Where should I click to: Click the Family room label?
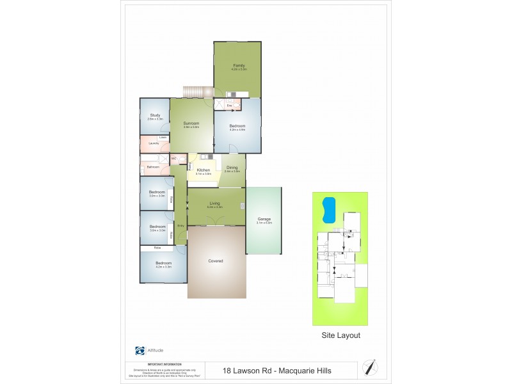[x=238, y=65]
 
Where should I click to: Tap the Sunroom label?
[x=191, y=123]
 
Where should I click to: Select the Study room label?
[x=155, y=116]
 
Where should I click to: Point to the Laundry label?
[x=154, y=143]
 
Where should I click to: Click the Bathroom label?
[x=153, y=167]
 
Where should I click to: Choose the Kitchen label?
[x=204, y=170]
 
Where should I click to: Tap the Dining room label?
[x=232, y=168]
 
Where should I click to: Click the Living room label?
[x=215, y=204]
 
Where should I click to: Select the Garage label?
[x=264, y=219]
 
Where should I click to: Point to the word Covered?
[x=216, y=260]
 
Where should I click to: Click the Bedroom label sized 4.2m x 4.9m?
[x=237, y=126]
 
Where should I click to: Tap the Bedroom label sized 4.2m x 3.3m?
[x=164, y=263]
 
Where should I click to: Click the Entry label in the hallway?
[x=181, y=226]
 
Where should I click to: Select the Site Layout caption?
[x=340, y=335]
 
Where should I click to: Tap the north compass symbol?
[x=369, y=367]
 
